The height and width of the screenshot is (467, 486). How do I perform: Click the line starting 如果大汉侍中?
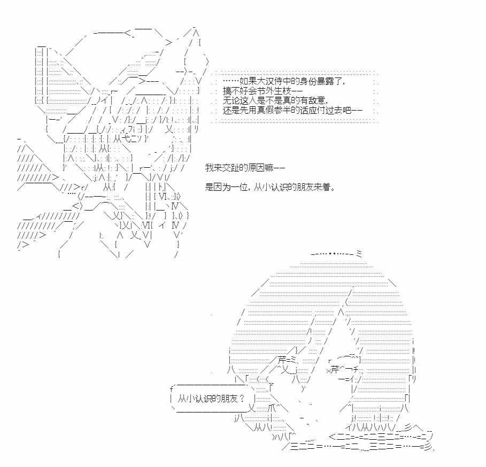284,81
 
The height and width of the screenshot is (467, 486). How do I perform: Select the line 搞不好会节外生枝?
262,91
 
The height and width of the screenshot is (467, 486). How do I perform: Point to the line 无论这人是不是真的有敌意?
275,100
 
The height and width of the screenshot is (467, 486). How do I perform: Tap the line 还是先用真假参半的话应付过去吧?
292,110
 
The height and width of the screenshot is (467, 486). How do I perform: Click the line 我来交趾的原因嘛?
244,168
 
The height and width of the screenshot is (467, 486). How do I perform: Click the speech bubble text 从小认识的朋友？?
211,398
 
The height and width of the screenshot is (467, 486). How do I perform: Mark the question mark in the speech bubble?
242,398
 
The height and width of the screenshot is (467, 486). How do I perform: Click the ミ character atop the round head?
359,254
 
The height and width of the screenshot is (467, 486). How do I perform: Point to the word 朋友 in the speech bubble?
229,398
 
